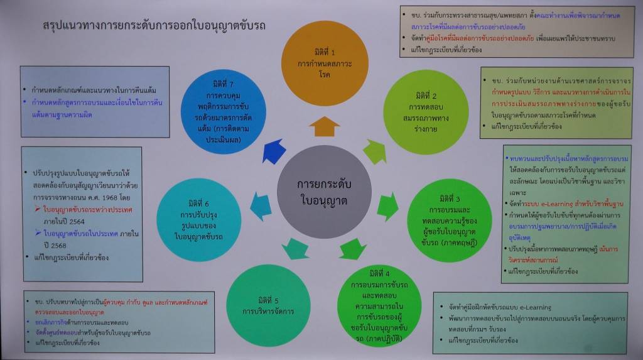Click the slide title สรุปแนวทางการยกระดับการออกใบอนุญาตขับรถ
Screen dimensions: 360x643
coord(154,26)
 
